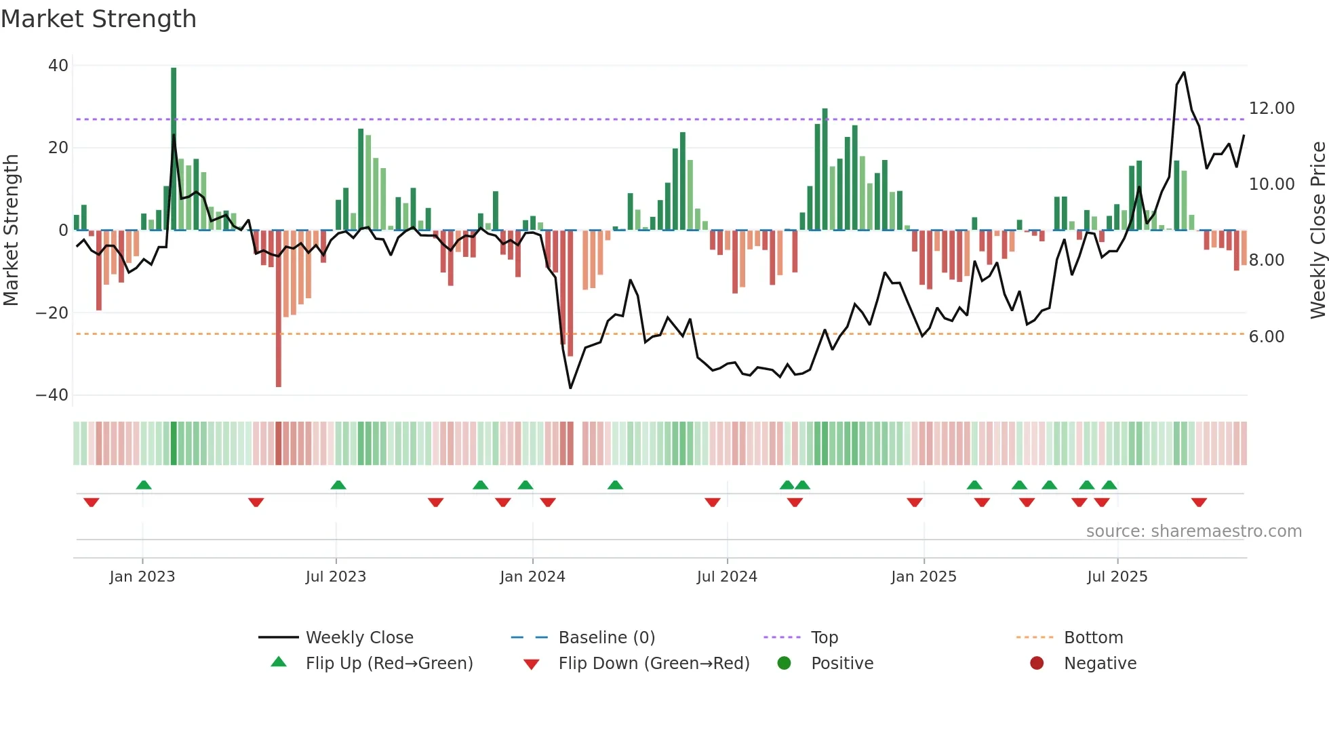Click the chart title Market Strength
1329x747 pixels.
[x=98, y=19]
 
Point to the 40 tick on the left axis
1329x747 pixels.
[x=58, y=66]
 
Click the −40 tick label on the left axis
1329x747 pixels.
[x=52, y=395]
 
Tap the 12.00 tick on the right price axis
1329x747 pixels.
[x=1271, y=108]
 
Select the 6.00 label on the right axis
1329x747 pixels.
[x=1266, y=337]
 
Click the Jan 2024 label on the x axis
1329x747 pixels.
[x=532, y=577]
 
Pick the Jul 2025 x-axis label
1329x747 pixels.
[x=1117, y=577]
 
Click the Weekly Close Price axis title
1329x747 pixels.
[x=1317, y=230]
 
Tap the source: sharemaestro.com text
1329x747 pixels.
[x=1193, y=531]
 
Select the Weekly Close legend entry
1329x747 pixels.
[x=359, y=638]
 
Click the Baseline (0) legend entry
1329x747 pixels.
[x=606, y=638]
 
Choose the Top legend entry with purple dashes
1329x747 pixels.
[x=824, y=638]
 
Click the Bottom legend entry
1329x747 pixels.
[x=1093, y=638]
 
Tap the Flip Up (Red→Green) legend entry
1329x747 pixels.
[x=389, y=664]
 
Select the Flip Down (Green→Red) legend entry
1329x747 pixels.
[x=653, y=664]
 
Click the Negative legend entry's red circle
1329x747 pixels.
[x=1037, y=664]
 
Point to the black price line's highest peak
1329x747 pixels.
[x=1184, y=73]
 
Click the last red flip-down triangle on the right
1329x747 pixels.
[x=1199, y=502]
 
